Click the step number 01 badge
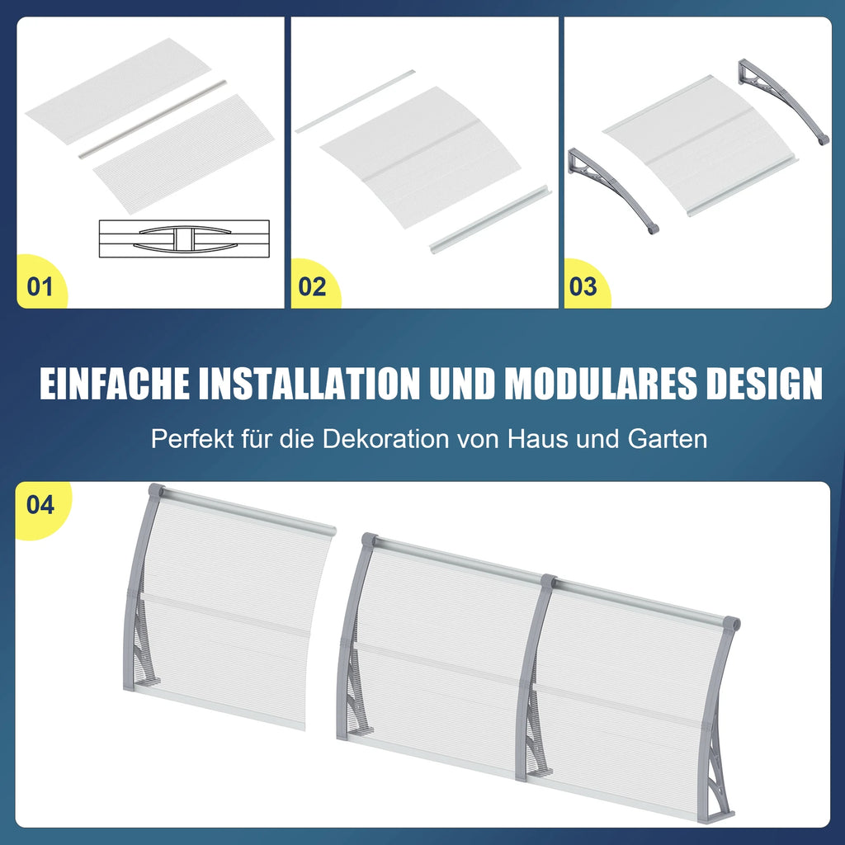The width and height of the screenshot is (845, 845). [41, 286]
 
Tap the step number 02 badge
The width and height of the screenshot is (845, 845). [313, 286]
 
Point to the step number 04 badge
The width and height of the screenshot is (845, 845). [41, 506]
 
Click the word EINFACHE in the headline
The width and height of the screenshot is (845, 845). [115, 384]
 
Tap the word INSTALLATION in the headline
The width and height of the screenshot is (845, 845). [309, 384]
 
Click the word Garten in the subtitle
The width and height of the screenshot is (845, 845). [667, 439]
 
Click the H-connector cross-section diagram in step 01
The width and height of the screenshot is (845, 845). [184, 238]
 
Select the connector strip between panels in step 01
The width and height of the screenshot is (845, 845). [153, 119]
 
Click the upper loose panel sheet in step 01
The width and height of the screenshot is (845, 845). [118, 91]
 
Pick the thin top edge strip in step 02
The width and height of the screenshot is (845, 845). [355, 101]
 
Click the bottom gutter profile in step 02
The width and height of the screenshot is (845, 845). [490, 220]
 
